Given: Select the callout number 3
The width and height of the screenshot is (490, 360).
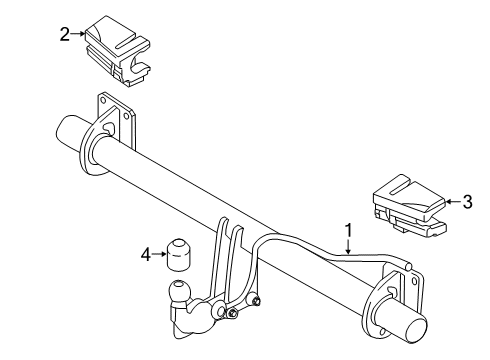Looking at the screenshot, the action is [466, 203].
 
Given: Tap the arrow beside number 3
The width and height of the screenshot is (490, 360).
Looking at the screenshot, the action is [453, 203].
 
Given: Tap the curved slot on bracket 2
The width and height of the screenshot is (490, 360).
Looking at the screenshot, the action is [135, 68].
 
